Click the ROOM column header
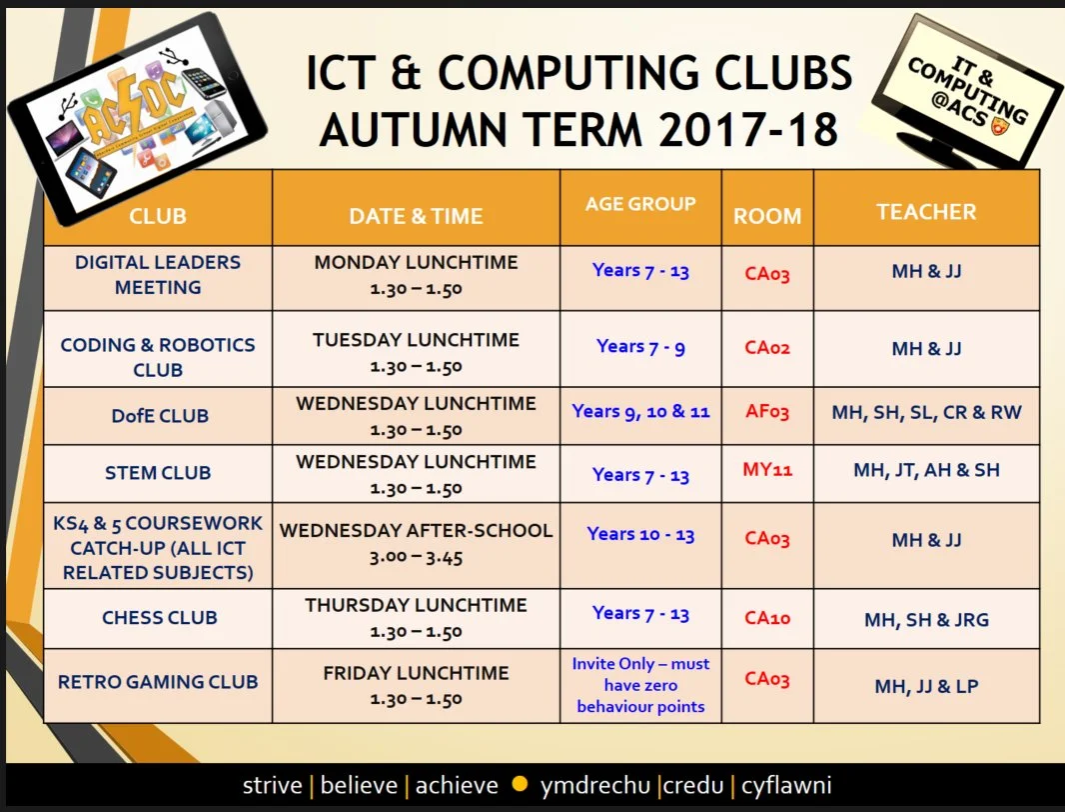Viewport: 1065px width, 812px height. [767, 216]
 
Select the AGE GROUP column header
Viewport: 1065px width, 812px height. [640, 204]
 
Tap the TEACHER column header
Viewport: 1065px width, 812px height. [926, 212]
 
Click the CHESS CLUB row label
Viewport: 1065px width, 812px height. [159, 618]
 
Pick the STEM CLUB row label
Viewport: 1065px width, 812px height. [158, 473]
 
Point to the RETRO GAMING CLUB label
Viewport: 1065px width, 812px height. [158, 682]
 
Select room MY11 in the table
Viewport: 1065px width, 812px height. [767, 469]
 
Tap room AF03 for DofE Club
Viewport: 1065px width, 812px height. [767, 412]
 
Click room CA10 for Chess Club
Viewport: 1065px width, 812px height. [767, 617]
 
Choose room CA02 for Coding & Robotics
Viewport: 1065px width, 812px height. [767, 348]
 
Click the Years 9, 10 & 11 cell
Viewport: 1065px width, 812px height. [640, 411]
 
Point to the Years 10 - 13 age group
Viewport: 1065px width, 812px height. [640, 534]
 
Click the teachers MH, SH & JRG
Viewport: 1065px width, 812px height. [926, 620]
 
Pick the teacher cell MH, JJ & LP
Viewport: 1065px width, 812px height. [926, 686]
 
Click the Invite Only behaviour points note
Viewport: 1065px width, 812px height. [640, 685]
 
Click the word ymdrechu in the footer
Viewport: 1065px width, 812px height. [594, 785]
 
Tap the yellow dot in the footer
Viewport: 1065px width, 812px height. [519, 784]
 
